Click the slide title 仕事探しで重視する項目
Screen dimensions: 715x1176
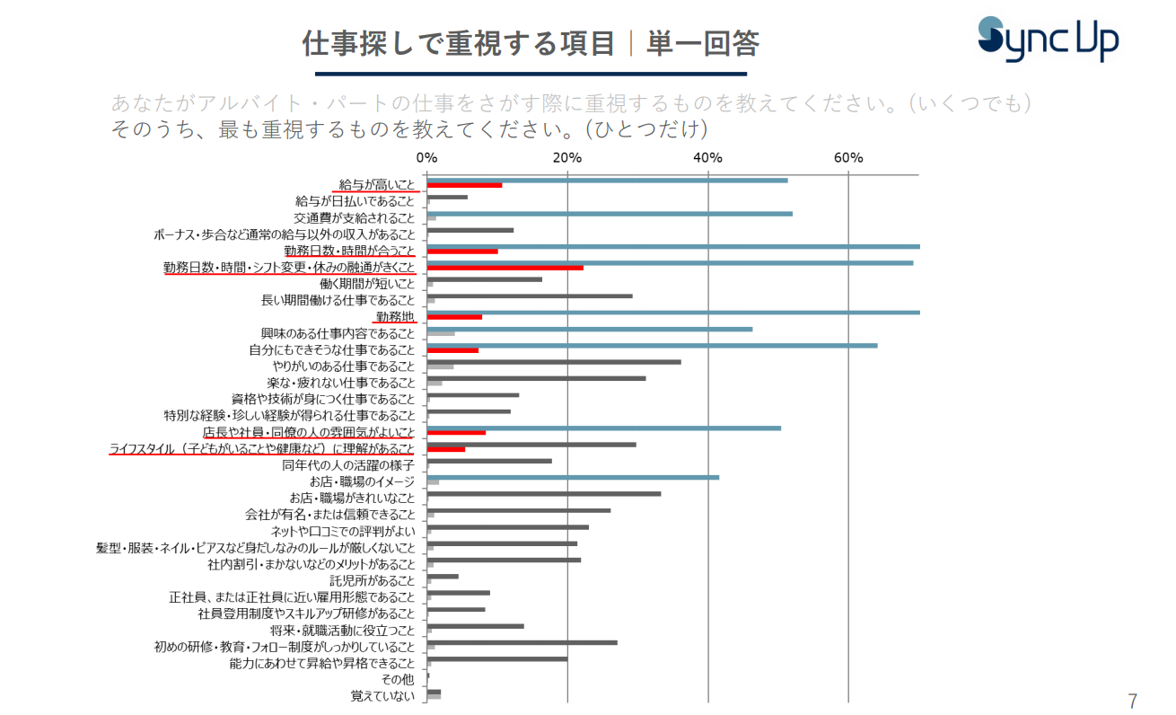coord(458,42)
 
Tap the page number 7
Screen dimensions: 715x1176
coord(1133,701)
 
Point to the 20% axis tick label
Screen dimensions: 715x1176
coord(567,158)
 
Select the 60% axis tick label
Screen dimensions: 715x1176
coord(848,158)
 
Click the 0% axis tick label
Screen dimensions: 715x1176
coord(427,158)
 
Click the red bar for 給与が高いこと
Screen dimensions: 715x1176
coord(464,185)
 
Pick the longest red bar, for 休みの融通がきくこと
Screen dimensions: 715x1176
coord(505,268)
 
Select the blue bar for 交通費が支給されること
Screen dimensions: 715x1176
coord(610,214)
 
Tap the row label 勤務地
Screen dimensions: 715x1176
coord(395,317)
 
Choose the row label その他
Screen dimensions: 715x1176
coord(398,680)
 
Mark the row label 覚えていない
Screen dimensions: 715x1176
coord(383,696)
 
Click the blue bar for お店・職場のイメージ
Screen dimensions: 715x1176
coord(573,477)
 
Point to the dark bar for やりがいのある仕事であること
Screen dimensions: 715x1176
coord(554,362)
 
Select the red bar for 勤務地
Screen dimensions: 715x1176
coord(454,317)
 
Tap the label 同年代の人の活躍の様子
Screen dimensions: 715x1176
coord(348,465)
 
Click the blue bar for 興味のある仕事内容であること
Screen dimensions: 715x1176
coord(590,329)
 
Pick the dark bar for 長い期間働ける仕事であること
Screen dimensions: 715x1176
coord(530,296)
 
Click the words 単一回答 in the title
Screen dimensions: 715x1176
coord(703,42)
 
